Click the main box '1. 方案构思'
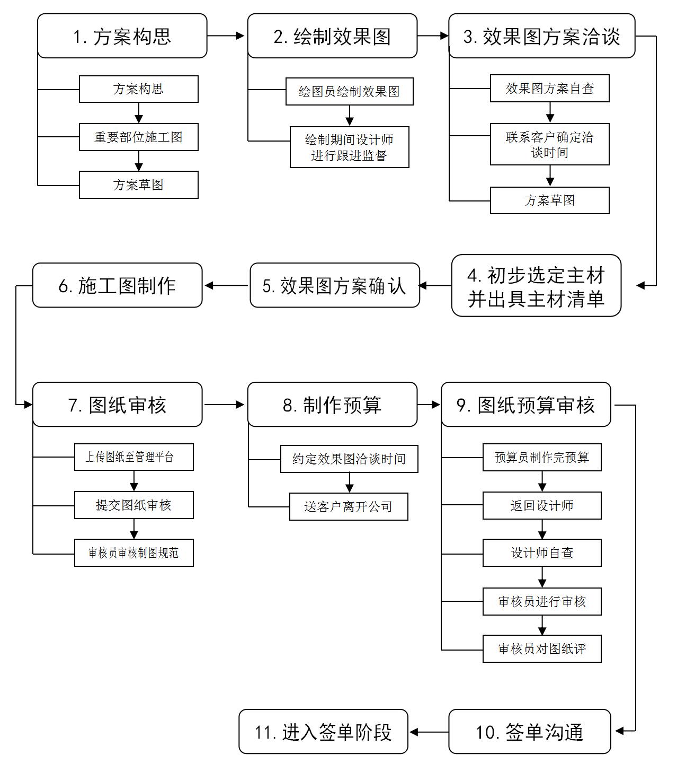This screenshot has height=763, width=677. click(122, 36)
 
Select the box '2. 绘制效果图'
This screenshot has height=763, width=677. click(332, 36)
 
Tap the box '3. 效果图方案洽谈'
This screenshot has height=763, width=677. click(541, 36)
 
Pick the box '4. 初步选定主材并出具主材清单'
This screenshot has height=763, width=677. click(536, 286)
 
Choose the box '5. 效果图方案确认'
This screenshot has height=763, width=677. click(335, 286)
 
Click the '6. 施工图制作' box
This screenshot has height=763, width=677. click(117, 286)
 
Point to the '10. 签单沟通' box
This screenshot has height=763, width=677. click(530, 732)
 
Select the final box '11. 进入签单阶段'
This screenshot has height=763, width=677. click(323, 732)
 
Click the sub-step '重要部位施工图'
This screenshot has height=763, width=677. click(139, 137)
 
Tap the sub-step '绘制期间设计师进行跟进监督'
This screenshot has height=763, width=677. click(350, 147)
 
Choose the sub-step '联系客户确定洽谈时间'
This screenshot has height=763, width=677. click(549, 144)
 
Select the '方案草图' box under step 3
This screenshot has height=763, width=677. click(549, 200)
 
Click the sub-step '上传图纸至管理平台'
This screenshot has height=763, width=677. click(134, 457)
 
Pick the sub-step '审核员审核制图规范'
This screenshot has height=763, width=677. click(134, 553)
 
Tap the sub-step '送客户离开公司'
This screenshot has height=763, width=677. click(349, 507)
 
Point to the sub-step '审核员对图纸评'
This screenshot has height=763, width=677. click(542, 649)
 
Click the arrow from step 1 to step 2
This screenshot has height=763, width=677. click(226, 36)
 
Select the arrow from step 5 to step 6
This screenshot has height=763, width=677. click(226, 286)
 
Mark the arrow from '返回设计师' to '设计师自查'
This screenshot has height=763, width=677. click(542, 529)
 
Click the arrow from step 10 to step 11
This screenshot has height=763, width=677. click(429, 732)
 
